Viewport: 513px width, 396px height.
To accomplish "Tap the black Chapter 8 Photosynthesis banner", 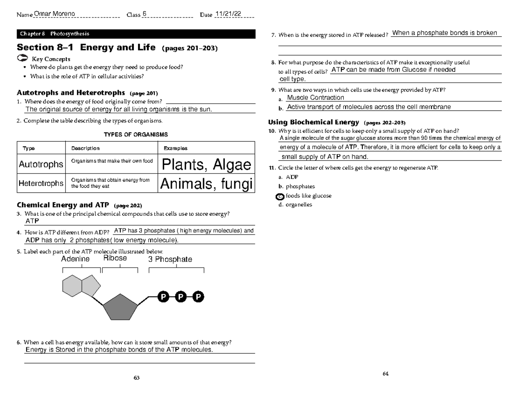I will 136,34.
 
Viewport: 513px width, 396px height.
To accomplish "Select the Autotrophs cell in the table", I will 41,164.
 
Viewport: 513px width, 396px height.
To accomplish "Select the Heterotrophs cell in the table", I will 41,183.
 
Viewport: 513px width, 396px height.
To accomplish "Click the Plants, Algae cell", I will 206,164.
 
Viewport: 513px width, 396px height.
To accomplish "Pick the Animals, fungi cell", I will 206,184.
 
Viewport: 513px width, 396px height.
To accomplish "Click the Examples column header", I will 176,148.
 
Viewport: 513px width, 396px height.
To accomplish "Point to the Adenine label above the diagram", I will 75,259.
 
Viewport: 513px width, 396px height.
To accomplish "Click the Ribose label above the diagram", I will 115,258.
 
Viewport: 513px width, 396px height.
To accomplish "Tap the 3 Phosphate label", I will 170,259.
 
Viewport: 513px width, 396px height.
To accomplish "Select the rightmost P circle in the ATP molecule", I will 198,297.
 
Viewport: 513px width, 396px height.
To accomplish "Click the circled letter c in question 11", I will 280,196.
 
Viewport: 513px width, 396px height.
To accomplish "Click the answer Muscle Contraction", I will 315,98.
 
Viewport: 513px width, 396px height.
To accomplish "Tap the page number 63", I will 137,378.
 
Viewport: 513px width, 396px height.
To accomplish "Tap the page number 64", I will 385,374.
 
